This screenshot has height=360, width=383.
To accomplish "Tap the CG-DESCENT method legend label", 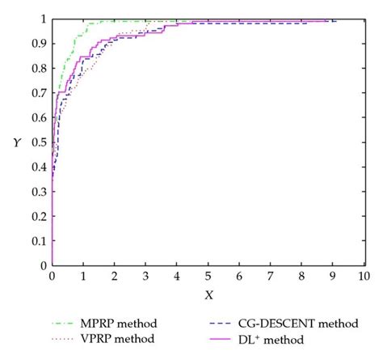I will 304,323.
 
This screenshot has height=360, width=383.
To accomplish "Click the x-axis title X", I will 209,294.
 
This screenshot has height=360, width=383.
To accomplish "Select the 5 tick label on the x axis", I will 208,277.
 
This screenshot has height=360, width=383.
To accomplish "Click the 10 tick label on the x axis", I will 364,277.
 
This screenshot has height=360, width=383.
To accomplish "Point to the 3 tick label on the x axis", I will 145,277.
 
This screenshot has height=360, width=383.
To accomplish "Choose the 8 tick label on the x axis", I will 301,277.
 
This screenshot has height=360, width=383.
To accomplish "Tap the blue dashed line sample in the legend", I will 227,323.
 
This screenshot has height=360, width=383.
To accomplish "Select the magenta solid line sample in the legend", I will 227,337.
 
